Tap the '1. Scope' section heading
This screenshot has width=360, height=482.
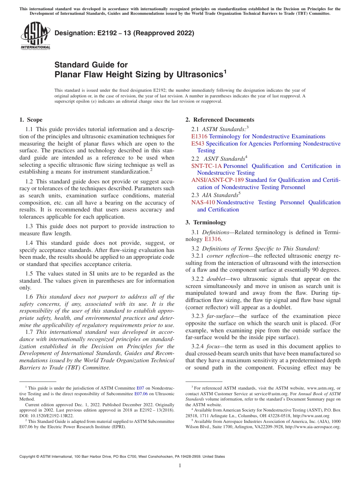pyautogui.click(x=31, y=120)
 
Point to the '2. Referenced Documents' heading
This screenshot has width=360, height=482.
pyautogui.click(x=220, y=120)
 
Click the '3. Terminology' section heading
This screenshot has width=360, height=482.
pyautogui.click(x=206, y=222)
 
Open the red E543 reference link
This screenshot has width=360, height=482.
pyautogui.click(x=198, y=144)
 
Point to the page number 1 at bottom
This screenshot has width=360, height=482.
pyautogui.click(x=180, y=465)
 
